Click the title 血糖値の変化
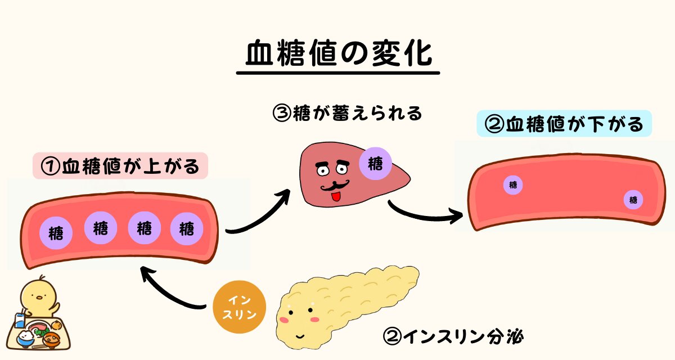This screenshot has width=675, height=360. (x=337, y=55)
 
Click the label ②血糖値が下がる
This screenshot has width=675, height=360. (x=564, y=124)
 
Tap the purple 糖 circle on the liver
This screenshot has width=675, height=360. (x=376, y=163)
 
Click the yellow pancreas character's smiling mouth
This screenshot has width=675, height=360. (x=299, y=336)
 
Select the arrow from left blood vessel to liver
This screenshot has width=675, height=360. (x=259, y=214)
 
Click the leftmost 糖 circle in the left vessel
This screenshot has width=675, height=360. (x=56, y=232)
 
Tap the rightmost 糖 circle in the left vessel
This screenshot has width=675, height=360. (x=187, y=229)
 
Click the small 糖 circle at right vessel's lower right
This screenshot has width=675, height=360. (x=633, y=199)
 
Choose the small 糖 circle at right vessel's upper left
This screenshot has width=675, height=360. (x=512, y=184)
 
